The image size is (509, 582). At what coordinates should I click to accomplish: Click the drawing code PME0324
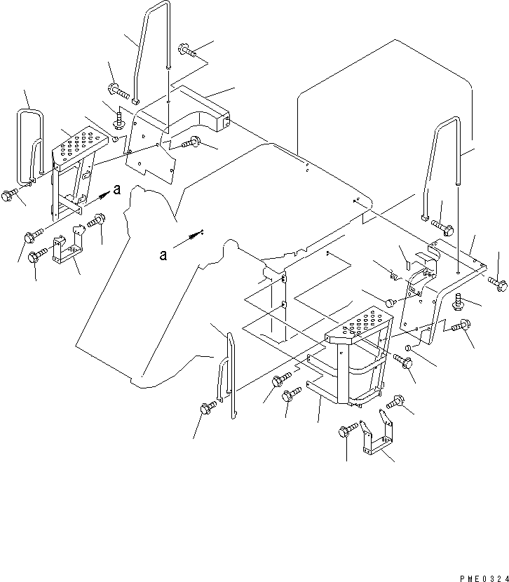pos(484,578)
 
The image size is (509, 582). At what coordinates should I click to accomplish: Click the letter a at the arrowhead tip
pos(117,189)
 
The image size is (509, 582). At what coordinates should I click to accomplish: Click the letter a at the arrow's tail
pos(163,255)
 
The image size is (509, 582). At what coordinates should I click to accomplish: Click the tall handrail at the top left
pos(151,51)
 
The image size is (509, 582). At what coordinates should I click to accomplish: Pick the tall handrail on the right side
pos(441,168)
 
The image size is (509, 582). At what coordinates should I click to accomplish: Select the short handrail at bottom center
pos(226,375)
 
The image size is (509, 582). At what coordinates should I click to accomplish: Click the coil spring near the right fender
pos(393,276)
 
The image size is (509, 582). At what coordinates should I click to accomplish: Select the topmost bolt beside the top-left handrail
pos(187,50)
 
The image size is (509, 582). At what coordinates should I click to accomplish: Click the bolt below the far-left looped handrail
pos(9,194)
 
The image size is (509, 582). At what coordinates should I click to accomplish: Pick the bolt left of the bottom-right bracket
pos(348,431)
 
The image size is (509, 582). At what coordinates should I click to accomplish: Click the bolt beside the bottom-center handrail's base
pos(208,407)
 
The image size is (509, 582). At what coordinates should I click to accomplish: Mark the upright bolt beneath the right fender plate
pos(458,301)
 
